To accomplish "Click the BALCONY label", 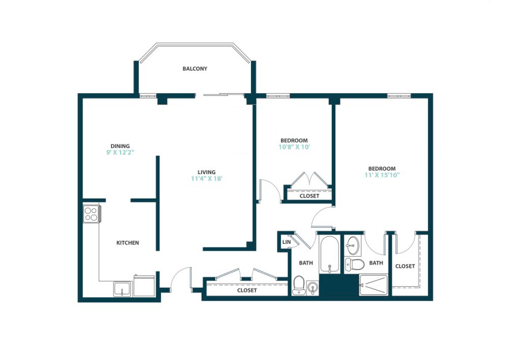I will point(195,69).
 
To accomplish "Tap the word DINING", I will point(120,146).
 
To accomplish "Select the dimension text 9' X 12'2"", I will point(120,152).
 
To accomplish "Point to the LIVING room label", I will point(207,172).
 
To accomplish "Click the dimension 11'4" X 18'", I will point(207,179).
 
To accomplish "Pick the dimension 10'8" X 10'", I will point(294,147).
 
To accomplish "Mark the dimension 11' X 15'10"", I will point(382,176).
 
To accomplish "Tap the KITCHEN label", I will point(128,243).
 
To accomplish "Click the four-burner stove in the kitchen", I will point(91,213).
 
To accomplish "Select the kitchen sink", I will point(123,289).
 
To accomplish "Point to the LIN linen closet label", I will point(286,242).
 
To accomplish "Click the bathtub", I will point(330,254).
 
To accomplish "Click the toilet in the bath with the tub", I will point(299,283).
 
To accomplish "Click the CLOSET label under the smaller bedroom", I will point(309,196).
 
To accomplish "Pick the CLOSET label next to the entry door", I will point(247,291).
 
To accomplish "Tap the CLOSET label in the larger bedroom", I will point(405,266).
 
